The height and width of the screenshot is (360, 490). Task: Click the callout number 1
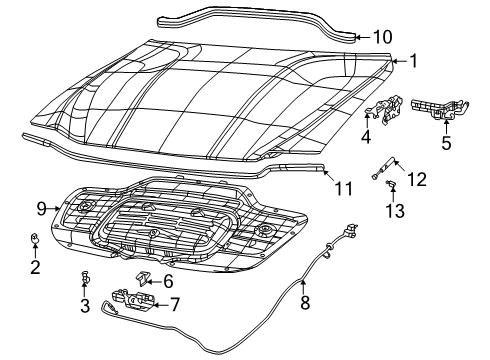412,61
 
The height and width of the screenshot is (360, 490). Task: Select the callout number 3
86,304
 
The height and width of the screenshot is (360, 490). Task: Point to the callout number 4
366,137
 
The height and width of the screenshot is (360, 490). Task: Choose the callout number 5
446,143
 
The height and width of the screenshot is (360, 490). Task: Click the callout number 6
167,282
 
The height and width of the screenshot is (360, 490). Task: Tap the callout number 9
42,209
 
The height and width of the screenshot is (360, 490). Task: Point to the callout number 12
418,179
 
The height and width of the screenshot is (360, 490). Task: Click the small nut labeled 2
34,238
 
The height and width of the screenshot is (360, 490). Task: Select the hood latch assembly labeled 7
133,297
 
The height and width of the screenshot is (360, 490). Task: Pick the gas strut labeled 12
386,169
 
